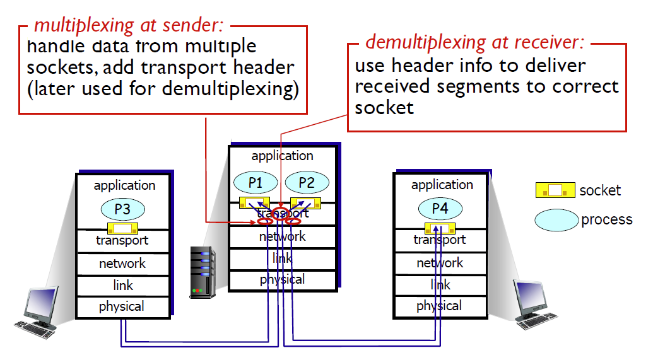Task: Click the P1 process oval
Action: pos(256,183)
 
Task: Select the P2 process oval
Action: pos(307,183)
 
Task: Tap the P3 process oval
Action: pos(123,209)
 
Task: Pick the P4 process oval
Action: pos(440,208)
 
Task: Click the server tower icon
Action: pos(203,272)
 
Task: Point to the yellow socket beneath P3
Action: pos(122,228)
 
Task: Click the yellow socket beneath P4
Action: pos(440,228)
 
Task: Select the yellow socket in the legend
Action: pos(555,190)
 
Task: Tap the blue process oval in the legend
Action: pos(556,220)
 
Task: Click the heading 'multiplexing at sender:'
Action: pos(129,25)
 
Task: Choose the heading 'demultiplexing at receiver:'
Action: pos(474,42)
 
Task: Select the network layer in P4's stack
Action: pos(440,263)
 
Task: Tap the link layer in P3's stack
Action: pos(123,286)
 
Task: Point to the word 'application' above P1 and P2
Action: pos(283,156)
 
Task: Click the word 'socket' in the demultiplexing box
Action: pos(384,108)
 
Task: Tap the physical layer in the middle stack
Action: pos(283,280)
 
